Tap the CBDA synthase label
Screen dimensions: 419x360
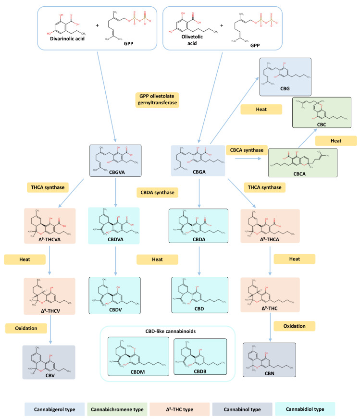(x=156, y=192)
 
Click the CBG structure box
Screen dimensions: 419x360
(x=286, y=77)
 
